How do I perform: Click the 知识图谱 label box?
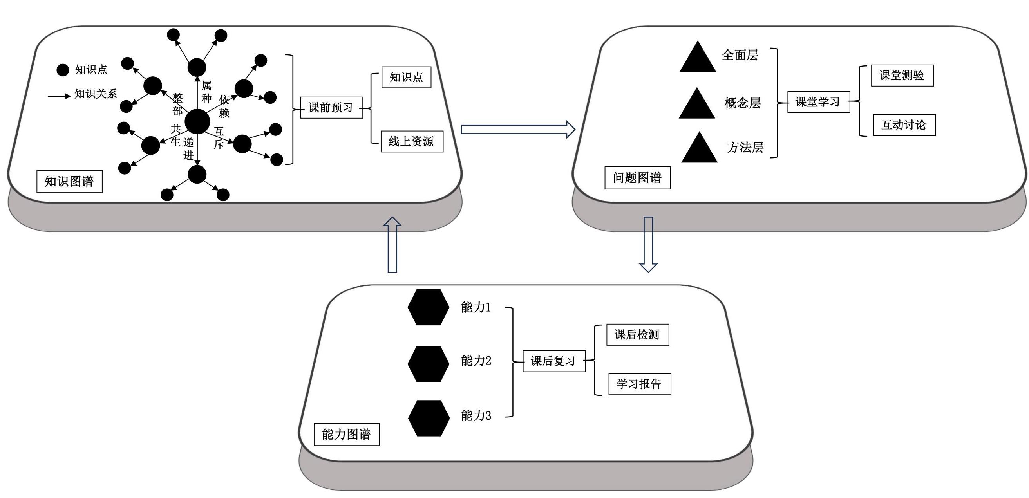69,182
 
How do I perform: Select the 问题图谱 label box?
637,178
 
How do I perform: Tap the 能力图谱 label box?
346,434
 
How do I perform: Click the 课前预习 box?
331,107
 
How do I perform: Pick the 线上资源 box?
412,141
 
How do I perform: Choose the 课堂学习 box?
818,102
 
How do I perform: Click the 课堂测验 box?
902,76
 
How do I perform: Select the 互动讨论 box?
904,125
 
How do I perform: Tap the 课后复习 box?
553,361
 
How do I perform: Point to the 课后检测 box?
638,335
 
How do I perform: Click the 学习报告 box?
640,384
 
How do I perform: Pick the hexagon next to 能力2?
428,364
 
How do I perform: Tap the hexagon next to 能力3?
429,418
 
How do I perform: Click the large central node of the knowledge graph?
197,121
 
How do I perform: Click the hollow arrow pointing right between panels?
517,129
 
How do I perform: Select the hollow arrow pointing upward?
392,244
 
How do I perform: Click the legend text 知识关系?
96,94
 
